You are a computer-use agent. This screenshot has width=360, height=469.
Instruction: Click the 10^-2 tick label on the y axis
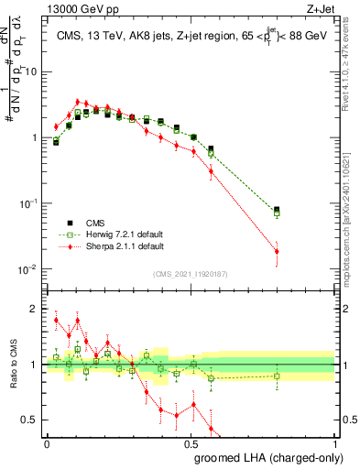29,269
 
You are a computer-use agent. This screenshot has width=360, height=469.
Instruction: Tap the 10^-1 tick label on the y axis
29,203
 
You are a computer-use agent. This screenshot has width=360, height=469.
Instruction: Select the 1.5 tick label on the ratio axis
33,336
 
